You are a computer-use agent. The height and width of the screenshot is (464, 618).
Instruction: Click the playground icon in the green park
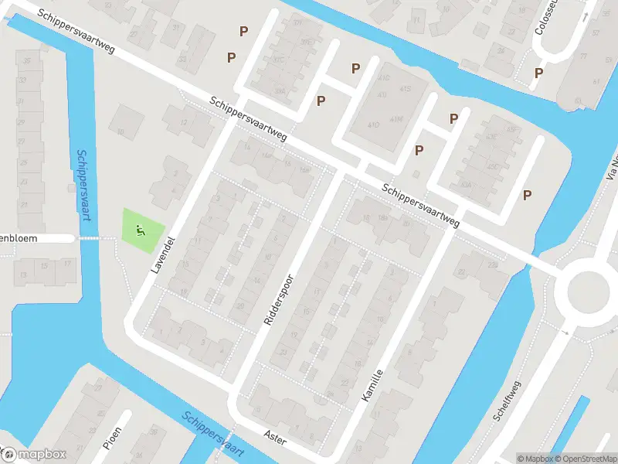click(x=141, y=229)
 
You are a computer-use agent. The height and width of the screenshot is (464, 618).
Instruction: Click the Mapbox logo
click(x=33, y=454)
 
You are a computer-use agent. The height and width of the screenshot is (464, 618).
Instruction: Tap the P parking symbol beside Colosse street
click(x=538, y=73)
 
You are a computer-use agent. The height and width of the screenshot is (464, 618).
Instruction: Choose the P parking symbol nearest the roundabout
click(x=528, y=195)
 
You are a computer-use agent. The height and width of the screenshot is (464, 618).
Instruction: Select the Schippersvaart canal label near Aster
click(x=213, y=434)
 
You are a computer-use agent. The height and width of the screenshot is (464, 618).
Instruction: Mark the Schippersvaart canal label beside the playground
click(x=85, y=185)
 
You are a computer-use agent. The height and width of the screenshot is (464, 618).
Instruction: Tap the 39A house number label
click(x=280, y=90)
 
